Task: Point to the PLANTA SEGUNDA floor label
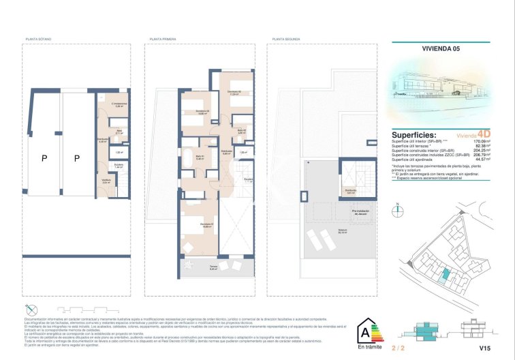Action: coord(286,40)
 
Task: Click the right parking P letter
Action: coord(77,158)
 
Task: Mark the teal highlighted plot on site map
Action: coord(446,274)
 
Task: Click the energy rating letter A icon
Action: coord(364,333)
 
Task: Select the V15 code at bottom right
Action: coord(484,348)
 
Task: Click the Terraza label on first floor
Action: coord(193,267)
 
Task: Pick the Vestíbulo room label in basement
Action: coord(106,181)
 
